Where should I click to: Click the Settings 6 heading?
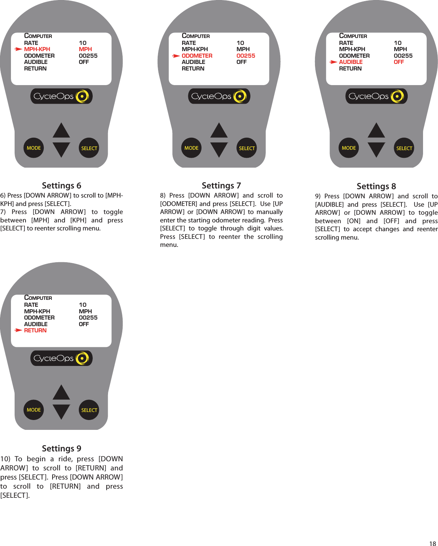[x=61, y=186]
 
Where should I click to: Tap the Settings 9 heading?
[x=61, y=448]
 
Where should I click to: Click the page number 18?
[x=433, y=543]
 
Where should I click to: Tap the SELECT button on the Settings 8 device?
[x=404, y=148]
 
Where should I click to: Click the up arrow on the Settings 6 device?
[x=61, y=131]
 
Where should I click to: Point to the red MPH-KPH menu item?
[x=37, y=49]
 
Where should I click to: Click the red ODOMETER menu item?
[x=197, y=56]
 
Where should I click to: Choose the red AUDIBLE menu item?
[x=350, y=62]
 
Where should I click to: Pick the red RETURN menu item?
[x=35, y=331]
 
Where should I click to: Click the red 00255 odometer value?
[x=246, y=56]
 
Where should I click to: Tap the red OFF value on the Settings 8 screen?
[x=399, y=62]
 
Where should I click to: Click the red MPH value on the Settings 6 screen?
[x=85, y=49]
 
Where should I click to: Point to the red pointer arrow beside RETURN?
[x=18, y=330]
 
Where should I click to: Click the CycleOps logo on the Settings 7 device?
[x=219, y=96]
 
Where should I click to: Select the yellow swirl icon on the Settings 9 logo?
[x=82, y=358]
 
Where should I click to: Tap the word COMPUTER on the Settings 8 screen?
[x=353, y=36]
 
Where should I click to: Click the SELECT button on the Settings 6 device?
[x=89, y=148]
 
